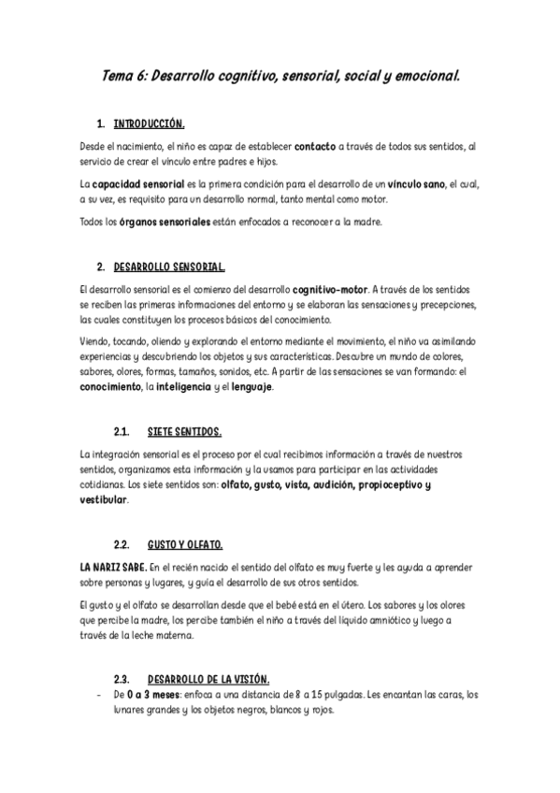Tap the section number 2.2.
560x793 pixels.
122,544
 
